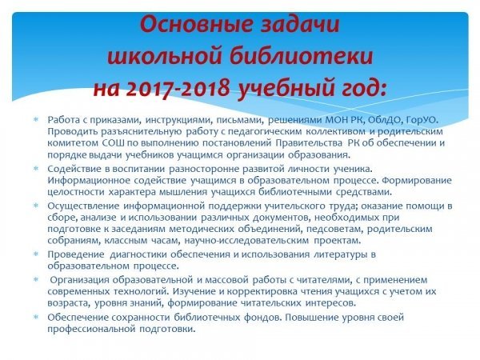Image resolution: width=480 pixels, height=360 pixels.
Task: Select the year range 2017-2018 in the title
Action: [x=178, y=88]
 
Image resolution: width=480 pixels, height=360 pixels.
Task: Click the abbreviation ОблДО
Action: [x=384, y=120]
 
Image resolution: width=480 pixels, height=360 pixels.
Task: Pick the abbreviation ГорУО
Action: [x=422, y=120]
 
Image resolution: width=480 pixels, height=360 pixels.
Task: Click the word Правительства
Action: [x=309, y=143]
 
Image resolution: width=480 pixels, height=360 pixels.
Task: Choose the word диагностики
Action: [x=138, y=254]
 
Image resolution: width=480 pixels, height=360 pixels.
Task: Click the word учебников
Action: [x=150, y=155]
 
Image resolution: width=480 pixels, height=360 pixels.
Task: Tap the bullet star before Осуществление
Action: [x=36, y=206]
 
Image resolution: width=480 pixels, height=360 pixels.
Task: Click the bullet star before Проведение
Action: [x=36, y=254]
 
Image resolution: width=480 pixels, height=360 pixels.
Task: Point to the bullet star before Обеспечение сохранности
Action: [x=36, y=317]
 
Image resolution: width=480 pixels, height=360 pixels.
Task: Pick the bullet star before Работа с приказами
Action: [x=36, y=119]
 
